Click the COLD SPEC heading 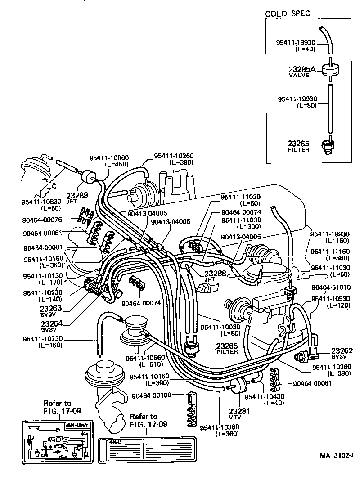(288, 13)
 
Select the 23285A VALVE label (303, 72)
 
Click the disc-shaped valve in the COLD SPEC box (330, 70)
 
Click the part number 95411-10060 (109, 157)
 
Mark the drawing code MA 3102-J (337, 455)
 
